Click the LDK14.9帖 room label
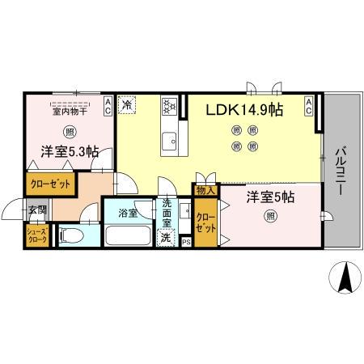243,109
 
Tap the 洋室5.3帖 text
70,151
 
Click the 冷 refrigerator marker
128,104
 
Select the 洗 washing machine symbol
166,239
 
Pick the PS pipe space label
185,241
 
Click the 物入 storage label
205,191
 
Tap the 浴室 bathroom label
128,213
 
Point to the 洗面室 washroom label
167,211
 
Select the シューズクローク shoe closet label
37,235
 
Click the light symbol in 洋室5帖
269,215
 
